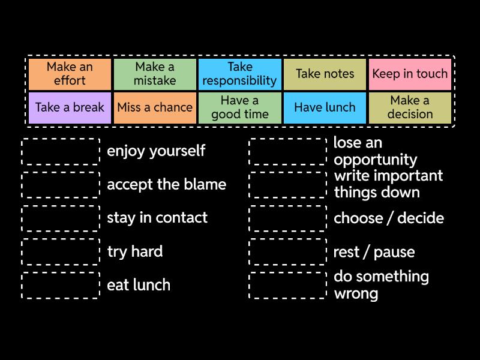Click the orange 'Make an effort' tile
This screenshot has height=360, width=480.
pos(70,74)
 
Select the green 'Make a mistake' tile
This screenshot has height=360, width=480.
pos(155,74)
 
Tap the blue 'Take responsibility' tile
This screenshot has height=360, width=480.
pos(240,74)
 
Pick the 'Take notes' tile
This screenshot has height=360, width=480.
pos(325,74)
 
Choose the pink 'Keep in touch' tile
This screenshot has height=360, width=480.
pos(410,74)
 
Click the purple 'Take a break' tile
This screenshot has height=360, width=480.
pos(70,107)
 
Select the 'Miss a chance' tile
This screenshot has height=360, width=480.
pos(155,107)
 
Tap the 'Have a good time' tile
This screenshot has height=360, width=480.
pos(240,107)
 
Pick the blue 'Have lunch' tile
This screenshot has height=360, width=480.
pos(325,107)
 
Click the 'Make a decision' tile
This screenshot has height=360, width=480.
pos(410,107)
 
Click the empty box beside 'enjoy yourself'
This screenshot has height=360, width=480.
pos(61,151)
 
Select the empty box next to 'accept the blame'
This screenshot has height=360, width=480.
pos(61,185)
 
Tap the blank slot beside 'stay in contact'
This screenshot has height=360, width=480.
pos(61,218)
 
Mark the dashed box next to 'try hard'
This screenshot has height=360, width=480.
pos(61,252)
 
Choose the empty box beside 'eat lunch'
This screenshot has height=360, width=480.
pos(61,286)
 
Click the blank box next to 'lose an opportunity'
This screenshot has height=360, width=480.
pos(288,151)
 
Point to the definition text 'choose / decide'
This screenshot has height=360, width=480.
pos(389,218)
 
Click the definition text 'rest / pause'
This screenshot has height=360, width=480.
pos(374,252)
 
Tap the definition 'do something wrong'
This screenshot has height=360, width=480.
pos(381,285)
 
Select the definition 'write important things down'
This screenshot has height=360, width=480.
pos(388,184)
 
